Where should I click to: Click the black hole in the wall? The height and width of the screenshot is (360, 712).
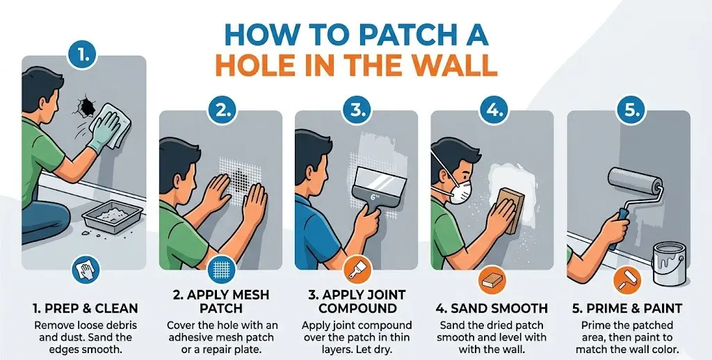point(86,106)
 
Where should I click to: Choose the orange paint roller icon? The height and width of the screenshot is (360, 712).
point(629,280)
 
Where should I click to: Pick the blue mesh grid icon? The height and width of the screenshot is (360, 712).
point(220,268)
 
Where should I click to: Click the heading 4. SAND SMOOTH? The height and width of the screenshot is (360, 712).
point(492,308)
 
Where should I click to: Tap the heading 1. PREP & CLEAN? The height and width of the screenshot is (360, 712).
point(84,308)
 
